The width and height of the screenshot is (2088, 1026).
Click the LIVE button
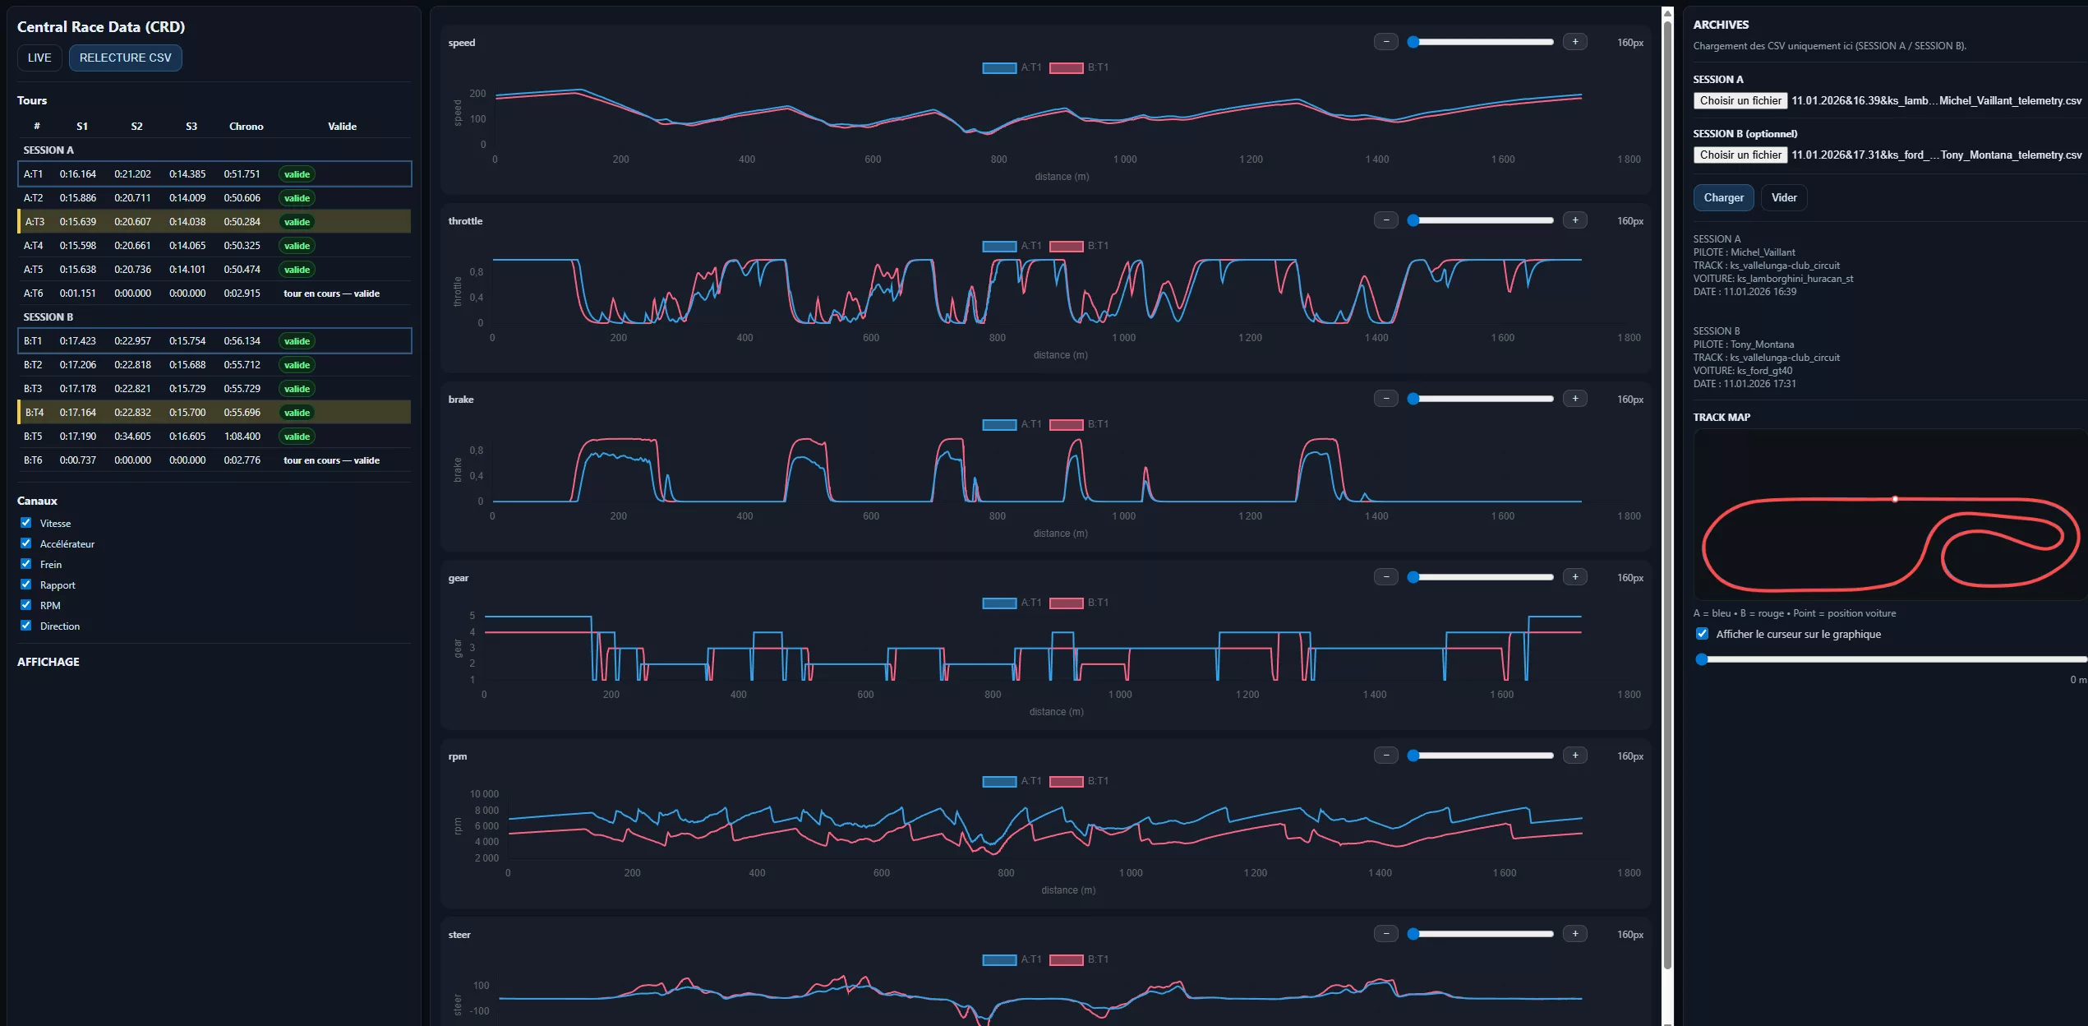tap(39, 58)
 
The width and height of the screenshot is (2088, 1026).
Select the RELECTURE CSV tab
tap(125, 58)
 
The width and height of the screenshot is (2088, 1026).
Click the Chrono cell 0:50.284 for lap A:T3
tap(242, 222)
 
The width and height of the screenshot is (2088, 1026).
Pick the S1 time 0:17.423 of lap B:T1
tap(77, 341)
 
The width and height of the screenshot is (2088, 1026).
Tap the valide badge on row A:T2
tap(297, 198)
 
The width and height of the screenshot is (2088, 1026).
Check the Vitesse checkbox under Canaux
tap(26, 523)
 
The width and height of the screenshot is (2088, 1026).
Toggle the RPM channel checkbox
tap(26, 605)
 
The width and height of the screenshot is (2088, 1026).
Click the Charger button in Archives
tap(1723, 198)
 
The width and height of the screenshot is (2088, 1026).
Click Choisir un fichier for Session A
tap(1740, 100)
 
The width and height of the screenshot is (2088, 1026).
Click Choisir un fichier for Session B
tap(1740, 155)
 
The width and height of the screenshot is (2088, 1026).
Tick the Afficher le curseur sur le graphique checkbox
tap(1703, 634)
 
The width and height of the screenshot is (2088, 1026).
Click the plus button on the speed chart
tap(1574, 42)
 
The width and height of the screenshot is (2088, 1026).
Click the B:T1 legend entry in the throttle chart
tap(1080, 246)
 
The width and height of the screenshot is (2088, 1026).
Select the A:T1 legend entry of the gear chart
tap(1012, 603)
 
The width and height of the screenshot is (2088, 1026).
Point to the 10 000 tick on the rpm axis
tap(484, 794)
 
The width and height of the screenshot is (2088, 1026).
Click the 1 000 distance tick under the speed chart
tap(1125, 159)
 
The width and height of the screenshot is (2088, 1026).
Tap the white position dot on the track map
tap(1895, 499)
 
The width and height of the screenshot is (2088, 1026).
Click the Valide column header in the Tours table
tap(342, 127)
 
